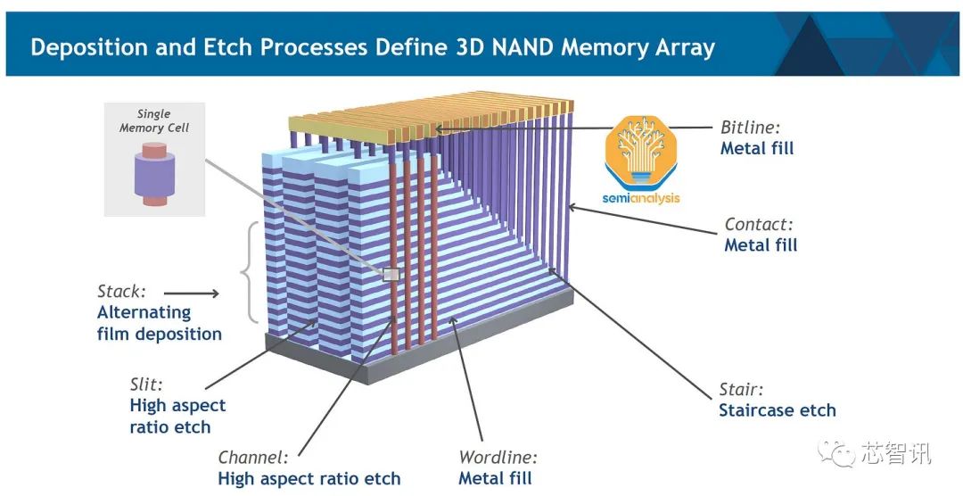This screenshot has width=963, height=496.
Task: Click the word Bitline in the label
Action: (x=747, y=127)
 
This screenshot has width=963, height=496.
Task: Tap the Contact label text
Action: (x=759, y=225)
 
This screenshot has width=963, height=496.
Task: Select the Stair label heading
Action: (x=742, y=390)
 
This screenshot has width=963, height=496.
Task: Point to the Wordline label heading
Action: (x=498, y=458)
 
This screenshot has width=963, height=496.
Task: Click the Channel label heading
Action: (x=253, y=458)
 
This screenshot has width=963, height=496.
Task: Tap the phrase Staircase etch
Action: (x=778, y=410)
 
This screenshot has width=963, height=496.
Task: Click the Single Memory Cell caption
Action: (x=154, y=120)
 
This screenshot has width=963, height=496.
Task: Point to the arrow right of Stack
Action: (x=192, y=293)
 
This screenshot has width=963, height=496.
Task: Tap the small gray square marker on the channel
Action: (x=390, y=275)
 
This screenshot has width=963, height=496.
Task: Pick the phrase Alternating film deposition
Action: (x=159, y=323)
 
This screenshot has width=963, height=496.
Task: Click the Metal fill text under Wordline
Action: (x=495, y=478)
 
